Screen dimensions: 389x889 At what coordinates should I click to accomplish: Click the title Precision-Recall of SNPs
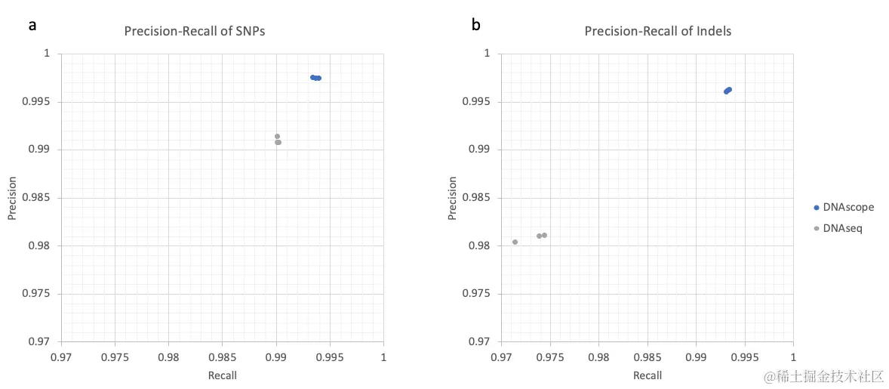(x=195, y=31)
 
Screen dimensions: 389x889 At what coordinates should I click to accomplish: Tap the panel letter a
(x=32, y=25)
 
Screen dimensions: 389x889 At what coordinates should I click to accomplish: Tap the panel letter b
(x=475, y=25)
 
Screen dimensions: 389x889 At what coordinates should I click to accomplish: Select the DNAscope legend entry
(x=843, y=207)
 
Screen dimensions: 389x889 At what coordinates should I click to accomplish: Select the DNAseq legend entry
(x=840, y=227)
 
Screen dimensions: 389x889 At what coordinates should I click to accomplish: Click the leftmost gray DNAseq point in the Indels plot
(x=515, y=242)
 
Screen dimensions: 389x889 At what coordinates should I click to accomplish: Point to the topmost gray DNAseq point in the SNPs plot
(x=277, y=136)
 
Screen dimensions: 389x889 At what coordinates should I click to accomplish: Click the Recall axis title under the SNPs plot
(x=222, y=375)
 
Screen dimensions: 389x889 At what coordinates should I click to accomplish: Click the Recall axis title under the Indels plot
(x=647, y=375)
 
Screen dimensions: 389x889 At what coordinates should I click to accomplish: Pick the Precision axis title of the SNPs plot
(x=12, y=198)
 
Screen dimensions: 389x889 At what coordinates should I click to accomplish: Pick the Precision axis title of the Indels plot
(x=452, y=198)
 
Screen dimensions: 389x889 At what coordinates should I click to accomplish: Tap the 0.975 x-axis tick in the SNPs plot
(x=115, y=355)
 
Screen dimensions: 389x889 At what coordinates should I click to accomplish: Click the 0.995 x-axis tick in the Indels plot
(x=744, y=355)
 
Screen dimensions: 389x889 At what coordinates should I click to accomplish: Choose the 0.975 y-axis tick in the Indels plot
(x=477, y=294)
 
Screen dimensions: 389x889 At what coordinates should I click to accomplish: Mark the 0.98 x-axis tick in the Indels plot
(x=598, y=355)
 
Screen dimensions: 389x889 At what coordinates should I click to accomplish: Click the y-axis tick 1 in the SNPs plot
(x=46, y=54)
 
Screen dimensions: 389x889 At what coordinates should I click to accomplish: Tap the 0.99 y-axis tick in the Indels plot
(x=480, y=150)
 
